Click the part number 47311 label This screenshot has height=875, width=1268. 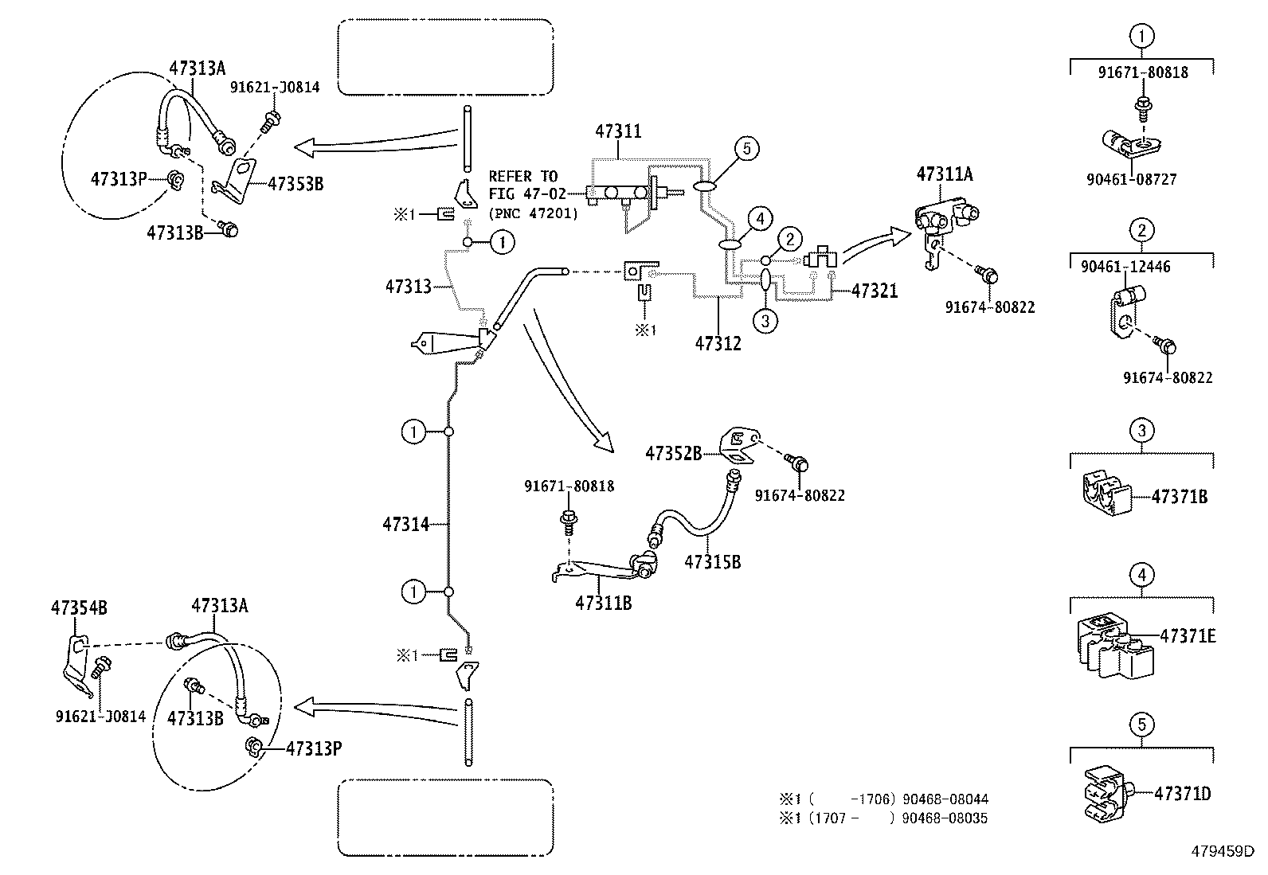click(x=618, y=131)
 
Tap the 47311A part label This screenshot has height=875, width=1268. click(x=945, y=174)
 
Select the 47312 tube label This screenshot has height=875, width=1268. click(x=718, y=343)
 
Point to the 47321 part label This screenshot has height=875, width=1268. click(x=875, y=291)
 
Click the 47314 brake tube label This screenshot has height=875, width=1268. click(x=405, y=524)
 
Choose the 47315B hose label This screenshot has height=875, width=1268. click(x=712, y=562)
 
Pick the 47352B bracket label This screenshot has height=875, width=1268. click(x=673, y=453)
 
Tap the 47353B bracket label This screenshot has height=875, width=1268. click(x=295, y=183)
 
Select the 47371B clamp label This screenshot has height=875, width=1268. click(x=1180, y=497)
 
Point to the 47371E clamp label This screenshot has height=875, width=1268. click(x=1188, y=636)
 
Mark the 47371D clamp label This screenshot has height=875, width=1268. click(x=1183, y=793)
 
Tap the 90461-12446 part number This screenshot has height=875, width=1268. click(x=1125, y=268)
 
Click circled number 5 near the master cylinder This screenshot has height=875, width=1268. click(x=746, y=148)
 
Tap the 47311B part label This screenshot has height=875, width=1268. click(x=603, y=603)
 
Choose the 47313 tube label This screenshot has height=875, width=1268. click(x=408, y=286)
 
